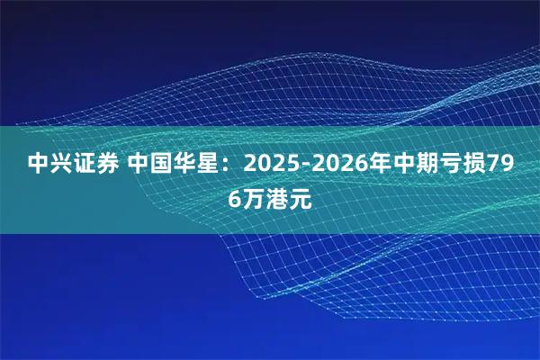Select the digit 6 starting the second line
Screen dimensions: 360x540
[234, 199]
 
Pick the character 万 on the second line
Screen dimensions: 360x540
[253, 199]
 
